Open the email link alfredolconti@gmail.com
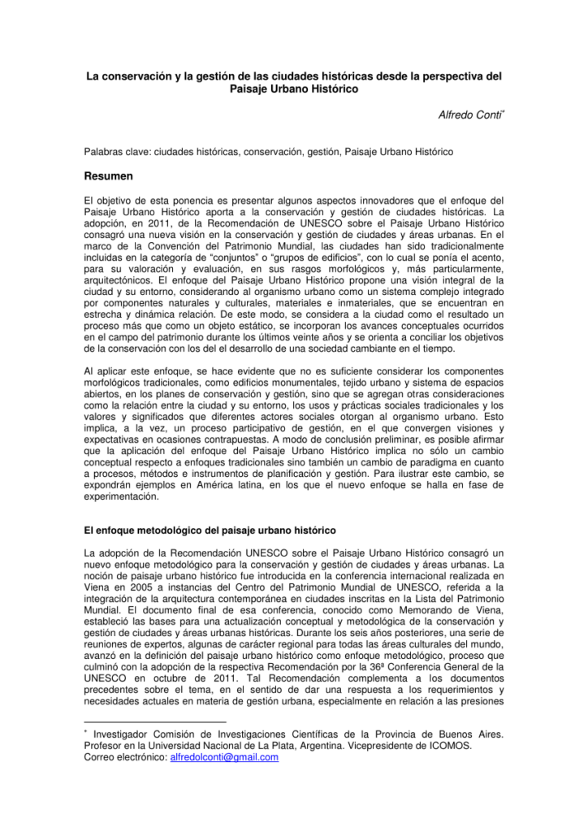[x=223, y=756]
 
